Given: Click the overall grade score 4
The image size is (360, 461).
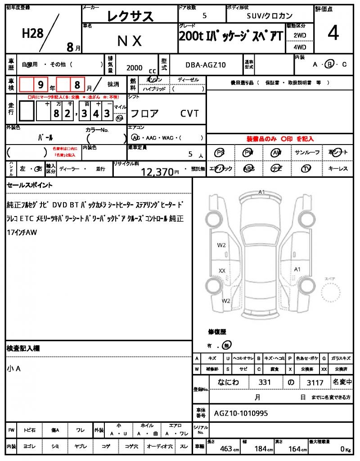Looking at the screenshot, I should tap(333, 34).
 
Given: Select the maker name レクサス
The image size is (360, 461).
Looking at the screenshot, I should tap(130, 17).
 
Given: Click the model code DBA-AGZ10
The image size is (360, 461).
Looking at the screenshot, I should tap(206, 65).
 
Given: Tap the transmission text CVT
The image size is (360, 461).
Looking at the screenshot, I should tap(189, 113).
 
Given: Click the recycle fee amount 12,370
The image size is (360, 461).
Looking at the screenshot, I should tap(157, 172).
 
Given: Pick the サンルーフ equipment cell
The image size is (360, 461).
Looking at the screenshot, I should tap(307, 153).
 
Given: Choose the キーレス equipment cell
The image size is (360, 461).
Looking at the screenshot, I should tap(338, 168).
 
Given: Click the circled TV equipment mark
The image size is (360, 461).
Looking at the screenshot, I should tap(306, 168).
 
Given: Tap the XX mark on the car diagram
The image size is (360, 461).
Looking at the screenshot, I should tap(222, 271).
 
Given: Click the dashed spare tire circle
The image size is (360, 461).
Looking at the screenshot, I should tap(333, 293).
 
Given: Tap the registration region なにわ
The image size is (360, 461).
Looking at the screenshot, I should tap(228, 382).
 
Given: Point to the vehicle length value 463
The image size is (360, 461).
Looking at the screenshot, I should tap(226, 449).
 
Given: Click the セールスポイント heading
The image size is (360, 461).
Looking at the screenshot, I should tap(30, 185).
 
